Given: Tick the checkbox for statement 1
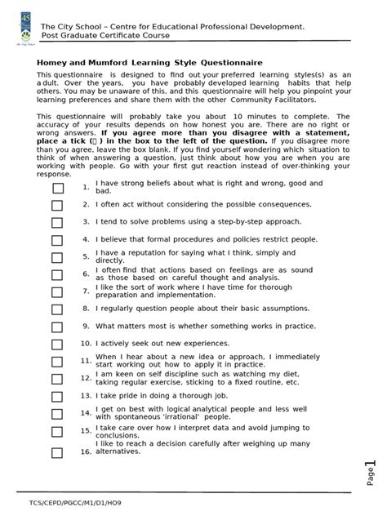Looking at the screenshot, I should click(57, 189).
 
